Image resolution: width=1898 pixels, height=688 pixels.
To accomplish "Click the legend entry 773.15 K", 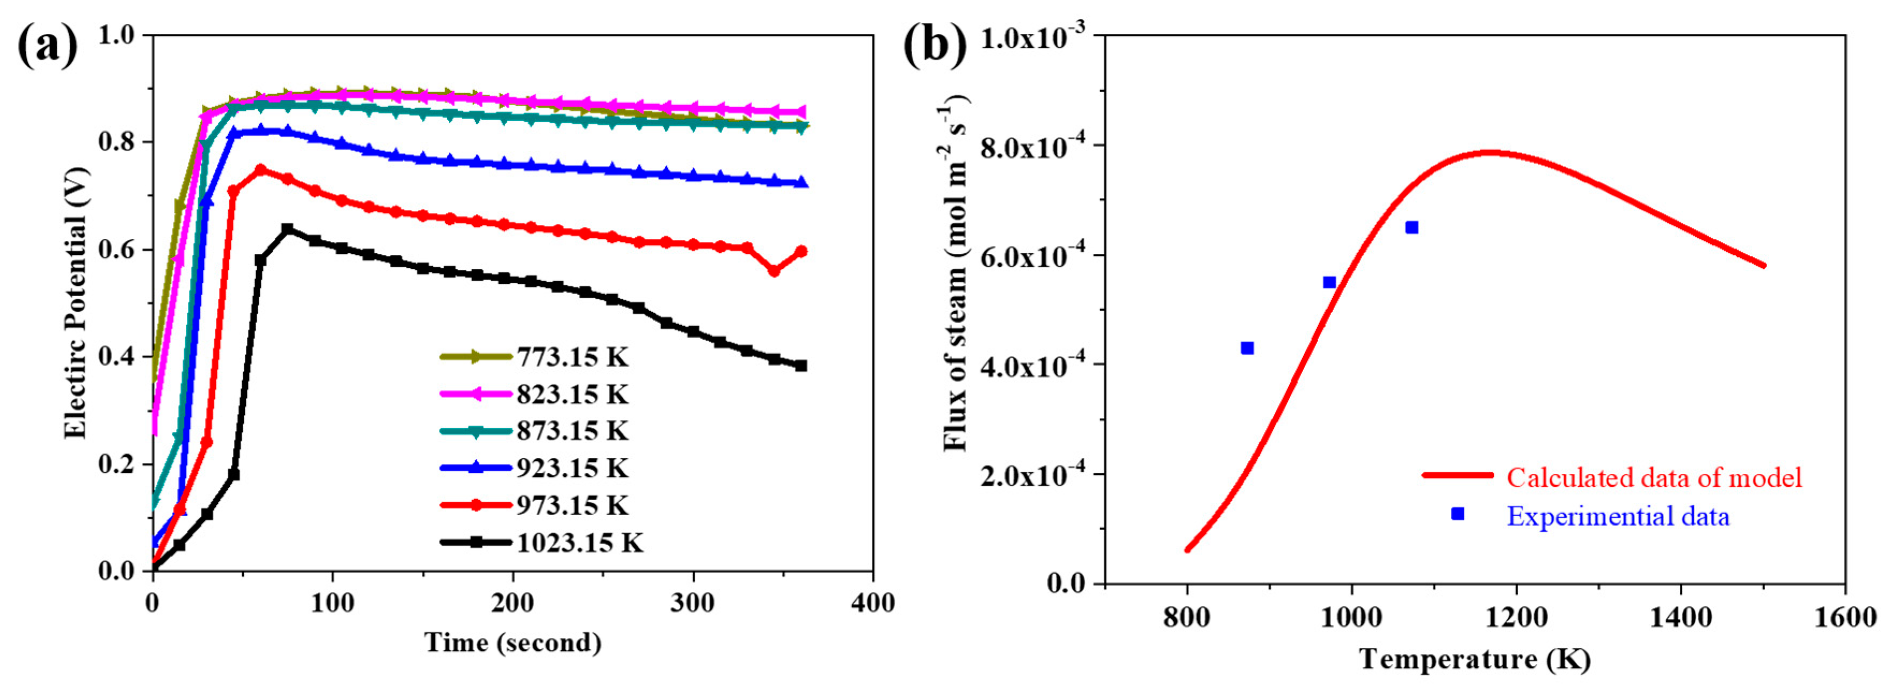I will (572, 357).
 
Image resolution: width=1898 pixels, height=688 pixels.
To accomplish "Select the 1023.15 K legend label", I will (579, 543).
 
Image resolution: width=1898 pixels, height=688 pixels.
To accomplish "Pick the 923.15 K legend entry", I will (572, 468).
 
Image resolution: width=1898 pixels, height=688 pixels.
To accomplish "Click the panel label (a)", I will (47, 46).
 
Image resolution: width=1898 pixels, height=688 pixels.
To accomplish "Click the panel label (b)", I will (935, 46).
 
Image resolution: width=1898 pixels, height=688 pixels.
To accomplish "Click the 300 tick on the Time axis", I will (692, 603).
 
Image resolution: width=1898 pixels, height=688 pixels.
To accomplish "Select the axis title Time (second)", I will (513, 643).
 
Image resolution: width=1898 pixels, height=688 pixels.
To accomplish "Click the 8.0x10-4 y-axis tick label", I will (1035, 147).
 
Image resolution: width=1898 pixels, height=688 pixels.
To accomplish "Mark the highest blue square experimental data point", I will (1412, 228).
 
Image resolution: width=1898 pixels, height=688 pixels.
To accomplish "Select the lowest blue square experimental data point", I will (1247, 348).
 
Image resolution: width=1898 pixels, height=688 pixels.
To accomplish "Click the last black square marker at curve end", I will (801, 366).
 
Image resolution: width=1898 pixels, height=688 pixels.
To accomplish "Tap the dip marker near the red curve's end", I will (774, 271).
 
